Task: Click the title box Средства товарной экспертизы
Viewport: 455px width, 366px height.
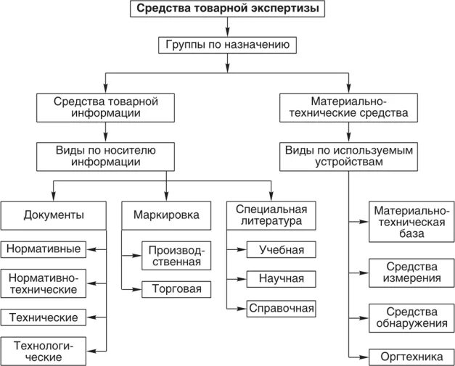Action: [x=227, y=9]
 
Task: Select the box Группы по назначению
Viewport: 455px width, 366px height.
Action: [x=227, y=44]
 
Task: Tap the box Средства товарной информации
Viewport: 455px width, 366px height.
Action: [x=106, y=107]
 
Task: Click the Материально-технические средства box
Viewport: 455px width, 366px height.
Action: [x=348, y=107]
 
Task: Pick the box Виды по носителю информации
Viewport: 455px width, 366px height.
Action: [x=106, y=156]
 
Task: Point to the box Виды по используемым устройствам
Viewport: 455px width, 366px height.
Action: [x=348, y=156]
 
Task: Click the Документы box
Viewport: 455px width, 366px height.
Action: [x=53, y=215]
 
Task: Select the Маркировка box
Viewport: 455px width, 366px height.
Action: [x=166, y=215]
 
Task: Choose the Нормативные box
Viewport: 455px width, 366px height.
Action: [x=44, y=249]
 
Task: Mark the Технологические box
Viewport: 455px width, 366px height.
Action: [x=44, y=350]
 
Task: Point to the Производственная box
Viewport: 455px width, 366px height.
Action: [x=176, y=256]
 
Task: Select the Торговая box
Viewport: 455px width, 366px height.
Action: [x=176, y=289]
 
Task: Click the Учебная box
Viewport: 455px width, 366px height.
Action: [x=281, y=250]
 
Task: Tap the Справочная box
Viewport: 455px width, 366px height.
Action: [x=281, y=309]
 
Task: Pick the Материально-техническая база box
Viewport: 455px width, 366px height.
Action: [x=411, y=222]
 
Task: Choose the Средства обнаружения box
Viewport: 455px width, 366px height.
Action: [x=411, y=317]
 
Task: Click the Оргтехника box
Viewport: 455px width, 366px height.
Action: [x=411, y=357]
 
